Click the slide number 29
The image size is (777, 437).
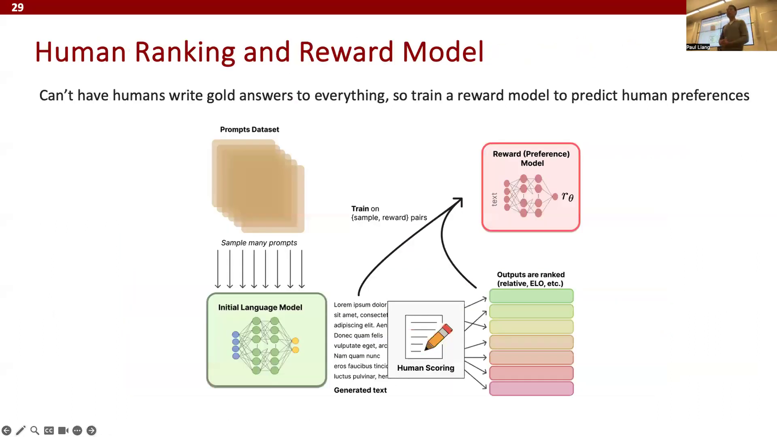pyautogui.click(x=17, y=7)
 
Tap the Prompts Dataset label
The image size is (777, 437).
pyautogui.click(x=249, y=130)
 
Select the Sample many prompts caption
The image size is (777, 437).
pyautogui.click(x=259, y=243)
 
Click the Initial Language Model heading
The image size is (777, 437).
pyautogui.click(x=260, y=307)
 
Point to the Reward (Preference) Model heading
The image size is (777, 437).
pyautogui.click(x=531, y=158)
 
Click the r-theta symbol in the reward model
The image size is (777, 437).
pyautogui.click(x=567, y=197)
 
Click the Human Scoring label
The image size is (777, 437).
pyautogui.click(x=426, y=368)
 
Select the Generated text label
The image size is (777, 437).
pyautogui.click(x=360, y=390)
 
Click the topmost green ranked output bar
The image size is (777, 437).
pyautogui.click(x=531, y=296)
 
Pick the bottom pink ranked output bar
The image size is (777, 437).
pyautogui.click(x=531, y=389)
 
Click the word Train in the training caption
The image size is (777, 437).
pyautogui.click(x=360, y=209)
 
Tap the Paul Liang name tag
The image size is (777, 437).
pyautogui.click(x=698, y=47)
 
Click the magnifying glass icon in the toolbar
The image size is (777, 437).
pyautogui.click(x=35, y=430)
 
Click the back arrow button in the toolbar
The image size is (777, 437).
pyautogui.click(x=6, y=430)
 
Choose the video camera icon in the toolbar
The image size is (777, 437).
pyautogui.click(x=63, y=430)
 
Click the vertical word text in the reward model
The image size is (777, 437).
pyautogui.click(x=494, y=199)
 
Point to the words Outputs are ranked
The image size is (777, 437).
pyautogui.click(x=531, y=275)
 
